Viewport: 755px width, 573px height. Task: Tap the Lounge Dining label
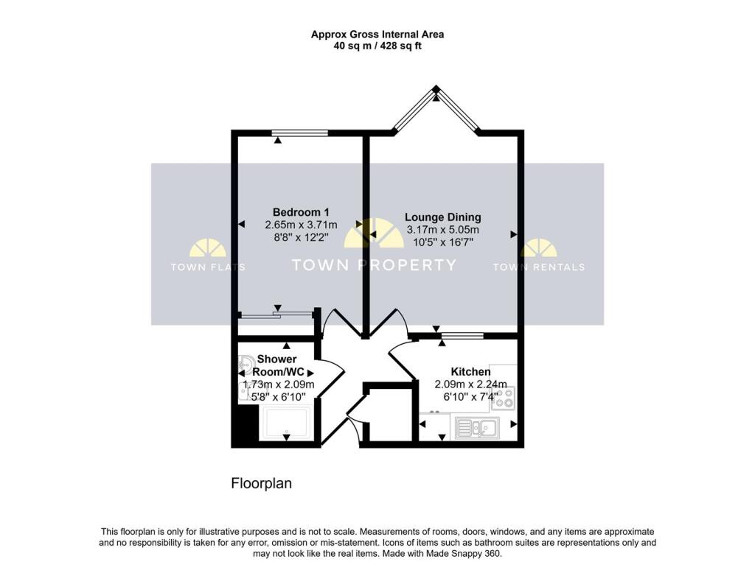click(442, 217)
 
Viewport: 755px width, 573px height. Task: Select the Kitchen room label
click(470, 372)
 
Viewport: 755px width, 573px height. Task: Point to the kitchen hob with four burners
click(505, 398)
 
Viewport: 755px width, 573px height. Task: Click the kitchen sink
click(478, 426)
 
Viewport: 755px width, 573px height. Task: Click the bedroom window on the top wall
click(299, 133)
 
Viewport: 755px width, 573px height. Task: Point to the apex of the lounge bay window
click(436, 89)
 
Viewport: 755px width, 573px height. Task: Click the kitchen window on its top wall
click(462, 336)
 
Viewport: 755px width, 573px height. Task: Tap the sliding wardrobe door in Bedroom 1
click(276, 315)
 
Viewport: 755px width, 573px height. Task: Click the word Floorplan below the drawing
click(262, 484)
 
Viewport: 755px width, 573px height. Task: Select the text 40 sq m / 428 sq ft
click(377, 46)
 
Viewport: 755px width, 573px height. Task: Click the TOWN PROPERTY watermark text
click(374, 265)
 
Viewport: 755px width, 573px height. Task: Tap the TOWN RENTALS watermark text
click(538, 267)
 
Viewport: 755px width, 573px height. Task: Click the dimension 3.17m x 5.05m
click(442, 231)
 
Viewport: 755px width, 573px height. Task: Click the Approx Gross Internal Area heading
click(377, 34)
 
